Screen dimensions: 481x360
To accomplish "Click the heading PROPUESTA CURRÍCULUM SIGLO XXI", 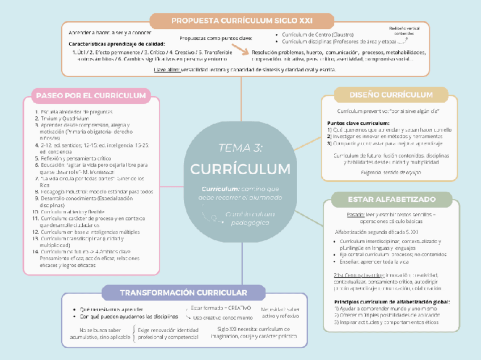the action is (x=242, y=21).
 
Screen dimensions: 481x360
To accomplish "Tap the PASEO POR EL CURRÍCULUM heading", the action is (x=91, y=96).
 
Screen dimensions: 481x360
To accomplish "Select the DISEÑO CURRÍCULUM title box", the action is (x=391, y=95).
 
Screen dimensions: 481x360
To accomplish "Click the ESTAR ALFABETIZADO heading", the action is (x=391, y=200).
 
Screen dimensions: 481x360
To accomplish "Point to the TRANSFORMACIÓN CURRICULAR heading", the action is (x=183, y=293).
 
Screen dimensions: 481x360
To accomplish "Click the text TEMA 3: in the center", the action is (x=241, y=148).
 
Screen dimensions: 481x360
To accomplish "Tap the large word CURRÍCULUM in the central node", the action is (x=241, y=169).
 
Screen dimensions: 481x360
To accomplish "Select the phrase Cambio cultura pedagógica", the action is (x=250, y=219).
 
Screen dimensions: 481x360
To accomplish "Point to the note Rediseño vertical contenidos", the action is (x=404, y=31).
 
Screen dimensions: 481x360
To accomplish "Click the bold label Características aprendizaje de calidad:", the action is (x=117, y=44).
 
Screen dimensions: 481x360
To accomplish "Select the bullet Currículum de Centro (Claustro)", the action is (x=316, y=35).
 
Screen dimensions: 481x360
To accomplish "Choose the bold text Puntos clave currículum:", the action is (x=358, y=123).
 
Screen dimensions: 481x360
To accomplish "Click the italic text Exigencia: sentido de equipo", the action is (x=391, y=172).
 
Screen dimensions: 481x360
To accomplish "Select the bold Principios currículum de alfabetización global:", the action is (x=392, y=302).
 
